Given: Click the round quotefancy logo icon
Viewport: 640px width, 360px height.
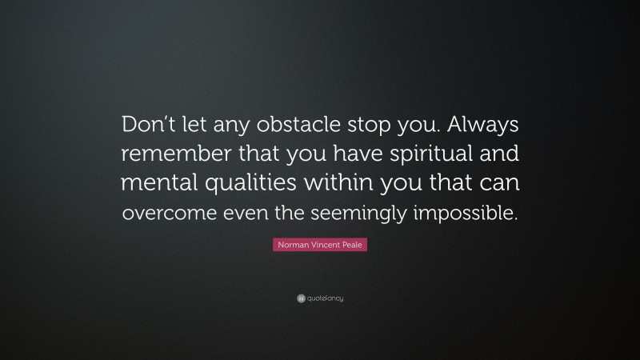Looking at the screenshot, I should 300,298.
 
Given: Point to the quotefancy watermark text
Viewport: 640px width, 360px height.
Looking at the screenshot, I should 326,298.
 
